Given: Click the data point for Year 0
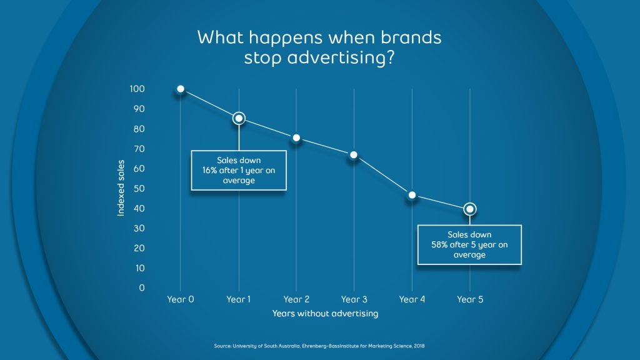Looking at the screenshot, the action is tap(181, 89).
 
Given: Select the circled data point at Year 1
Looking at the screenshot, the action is tap(239, 118).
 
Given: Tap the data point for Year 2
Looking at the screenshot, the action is tap(296, 138).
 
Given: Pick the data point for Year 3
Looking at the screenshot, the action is tap(354, 155).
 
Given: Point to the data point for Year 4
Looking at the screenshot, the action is tap(412, 195).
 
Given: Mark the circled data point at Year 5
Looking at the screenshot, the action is tap(470, 209).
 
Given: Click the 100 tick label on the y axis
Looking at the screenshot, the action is tap(137, 89).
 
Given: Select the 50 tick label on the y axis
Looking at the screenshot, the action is tap(139, 188).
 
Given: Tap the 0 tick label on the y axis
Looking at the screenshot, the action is tap(142, 287).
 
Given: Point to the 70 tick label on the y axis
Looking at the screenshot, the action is tap(139, 149).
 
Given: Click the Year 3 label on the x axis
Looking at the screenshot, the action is tap(354, 299).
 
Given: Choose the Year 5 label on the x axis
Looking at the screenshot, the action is tap(470, 299).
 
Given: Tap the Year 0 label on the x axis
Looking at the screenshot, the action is tap(181, 299).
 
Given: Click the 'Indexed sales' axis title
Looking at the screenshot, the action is tap(121, 187).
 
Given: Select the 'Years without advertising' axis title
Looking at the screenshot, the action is tap(325, 314).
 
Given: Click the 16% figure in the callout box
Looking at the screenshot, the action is tap(209, 170).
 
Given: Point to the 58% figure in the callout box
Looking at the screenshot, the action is tap(439, 244).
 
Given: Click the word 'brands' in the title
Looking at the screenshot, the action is tap(411, 37).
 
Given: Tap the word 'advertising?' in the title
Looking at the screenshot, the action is tap(341, 57).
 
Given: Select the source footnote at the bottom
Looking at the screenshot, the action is tap(319, 346).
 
